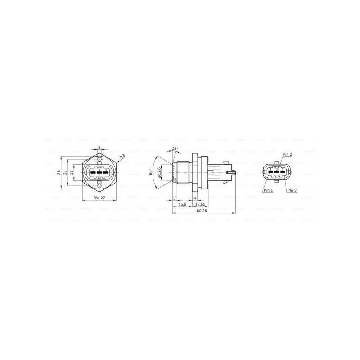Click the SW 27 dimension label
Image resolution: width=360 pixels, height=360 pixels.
(99, 198)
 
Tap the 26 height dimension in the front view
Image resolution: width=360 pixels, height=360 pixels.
(58, 172)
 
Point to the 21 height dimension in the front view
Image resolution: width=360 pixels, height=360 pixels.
(65, 172)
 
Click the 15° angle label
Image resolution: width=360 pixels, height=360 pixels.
(175, 149)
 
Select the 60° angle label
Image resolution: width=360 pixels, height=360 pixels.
(152, 172)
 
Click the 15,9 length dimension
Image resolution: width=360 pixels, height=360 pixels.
(183, 205)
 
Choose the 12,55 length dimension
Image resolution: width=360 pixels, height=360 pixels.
(201, 205)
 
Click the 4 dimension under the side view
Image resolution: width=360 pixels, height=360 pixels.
(194, 198)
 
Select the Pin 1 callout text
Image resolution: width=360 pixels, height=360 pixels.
(269, 190)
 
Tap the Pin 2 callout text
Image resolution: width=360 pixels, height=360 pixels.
(288, 154)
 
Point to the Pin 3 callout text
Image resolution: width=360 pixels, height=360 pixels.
(292, 190)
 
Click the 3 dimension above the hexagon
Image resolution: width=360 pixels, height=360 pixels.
(99, 147)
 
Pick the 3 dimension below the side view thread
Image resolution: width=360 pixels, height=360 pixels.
(174, 198)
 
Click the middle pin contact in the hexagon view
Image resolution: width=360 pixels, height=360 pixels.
(99, 172)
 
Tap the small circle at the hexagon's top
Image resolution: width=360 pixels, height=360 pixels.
(99, 159)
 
